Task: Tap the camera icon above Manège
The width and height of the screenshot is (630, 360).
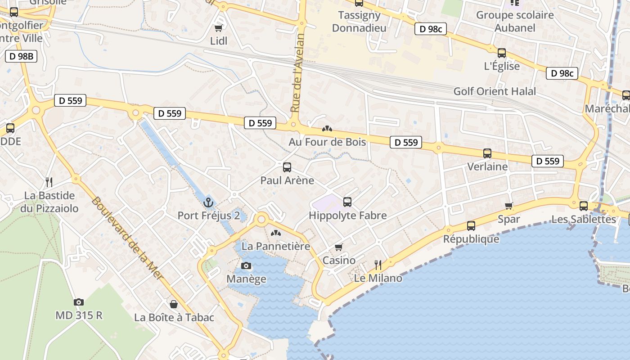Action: tap(246, 265)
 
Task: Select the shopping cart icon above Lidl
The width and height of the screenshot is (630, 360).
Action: tap(219, 28)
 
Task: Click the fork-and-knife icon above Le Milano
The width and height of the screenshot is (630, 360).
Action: tap(378, 265)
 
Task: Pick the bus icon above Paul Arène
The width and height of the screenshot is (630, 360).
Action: tap(287, 167)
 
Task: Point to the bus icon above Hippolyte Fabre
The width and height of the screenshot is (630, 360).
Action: tap(347, 202)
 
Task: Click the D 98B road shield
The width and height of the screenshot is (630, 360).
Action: tap(21, 56)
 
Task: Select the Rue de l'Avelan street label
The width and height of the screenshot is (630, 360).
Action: tap(297, 73)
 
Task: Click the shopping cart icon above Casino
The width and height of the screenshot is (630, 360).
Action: tap(339, 247)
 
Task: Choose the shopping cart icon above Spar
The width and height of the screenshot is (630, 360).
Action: tap(509, 206)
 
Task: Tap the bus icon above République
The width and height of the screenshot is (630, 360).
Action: tap(471, 225)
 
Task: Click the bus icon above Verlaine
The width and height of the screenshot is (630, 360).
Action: tap(487, 153)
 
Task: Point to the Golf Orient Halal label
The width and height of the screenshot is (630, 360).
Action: tap(495, 91)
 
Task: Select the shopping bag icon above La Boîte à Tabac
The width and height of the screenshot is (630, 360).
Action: tap(174, 304)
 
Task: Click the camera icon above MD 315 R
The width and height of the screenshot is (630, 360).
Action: tap(79, 302)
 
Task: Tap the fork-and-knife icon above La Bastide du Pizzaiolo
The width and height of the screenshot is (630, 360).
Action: tap(49, 182)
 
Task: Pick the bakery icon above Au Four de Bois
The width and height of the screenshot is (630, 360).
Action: tap(327, 129)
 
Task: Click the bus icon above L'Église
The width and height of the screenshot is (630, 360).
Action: tap(502, 53)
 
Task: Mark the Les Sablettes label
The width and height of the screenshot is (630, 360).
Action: tap(584, 219)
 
